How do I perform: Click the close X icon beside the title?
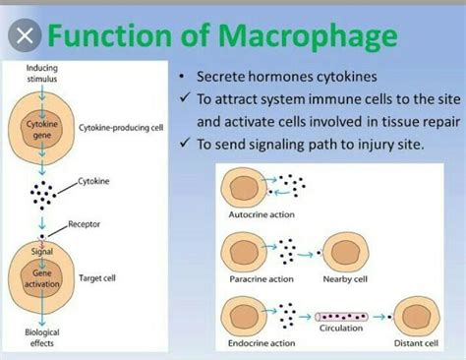click(29, 36)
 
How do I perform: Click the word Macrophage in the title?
click(314, 37)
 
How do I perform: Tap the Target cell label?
click(99, 278)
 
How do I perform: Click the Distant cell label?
click(418, 342)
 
